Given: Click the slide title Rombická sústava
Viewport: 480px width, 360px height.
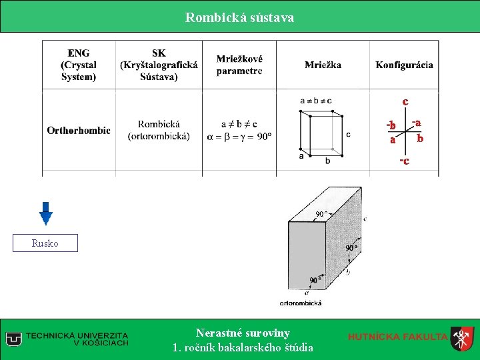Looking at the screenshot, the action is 239,17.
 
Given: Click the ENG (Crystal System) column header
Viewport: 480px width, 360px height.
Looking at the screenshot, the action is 79,65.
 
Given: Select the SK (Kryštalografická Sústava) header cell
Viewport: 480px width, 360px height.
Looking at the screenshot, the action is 159,65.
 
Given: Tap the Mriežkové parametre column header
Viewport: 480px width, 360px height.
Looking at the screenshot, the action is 239,65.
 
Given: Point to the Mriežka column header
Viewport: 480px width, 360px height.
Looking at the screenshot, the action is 323,65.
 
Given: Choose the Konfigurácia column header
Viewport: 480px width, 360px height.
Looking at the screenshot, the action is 404,65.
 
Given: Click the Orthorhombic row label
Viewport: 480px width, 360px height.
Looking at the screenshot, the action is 79,131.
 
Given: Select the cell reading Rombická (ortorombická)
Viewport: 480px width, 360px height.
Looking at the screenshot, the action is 159,131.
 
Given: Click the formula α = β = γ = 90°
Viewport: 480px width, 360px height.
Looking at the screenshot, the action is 239,137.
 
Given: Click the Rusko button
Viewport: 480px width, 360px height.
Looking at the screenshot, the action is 45,243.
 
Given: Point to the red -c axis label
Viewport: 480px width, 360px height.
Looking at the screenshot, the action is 404,161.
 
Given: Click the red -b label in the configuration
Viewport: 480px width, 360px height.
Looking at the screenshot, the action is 391,126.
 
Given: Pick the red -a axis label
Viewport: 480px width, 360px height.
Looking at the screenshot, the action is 417,123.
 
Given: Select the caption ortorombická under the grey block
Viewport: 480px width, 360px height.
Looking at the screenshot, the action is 300,303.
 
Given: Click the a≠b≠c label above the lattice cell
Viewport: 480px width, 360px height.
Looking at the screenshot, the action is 315,101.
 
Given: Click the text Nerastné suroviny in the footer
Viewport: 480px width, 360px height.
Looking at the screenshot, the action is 243,333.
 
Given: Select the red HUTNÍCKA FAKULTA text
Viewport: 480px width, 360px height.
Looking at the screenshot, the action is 397,337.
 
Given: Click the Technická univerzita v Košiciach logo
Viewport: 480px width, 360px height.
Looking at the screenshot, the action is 67,339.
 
